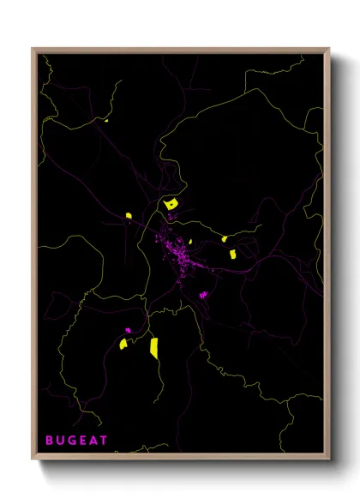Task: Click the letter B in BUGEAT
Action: click(50, 440)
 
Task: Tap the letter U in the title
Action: click(62, 440)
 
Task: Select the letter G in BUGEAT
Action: click(74, 440)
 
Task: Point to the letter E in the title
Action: click(85, 440)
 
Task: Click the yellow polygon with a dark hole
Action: click(171, 204)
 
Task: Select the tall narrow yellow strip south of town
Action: click(154, 347)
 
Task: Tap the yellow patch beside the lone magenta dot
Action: click(123, 344)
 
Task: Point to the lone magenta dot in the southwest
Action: click(128, 330)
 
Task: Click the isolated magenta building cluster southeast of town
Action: click(204, 295)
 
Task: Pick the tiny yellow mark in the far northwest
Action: click(106, 121)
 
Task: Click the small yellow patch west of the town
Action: click(128, 216)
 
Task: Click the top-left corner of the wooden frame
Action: click(33, 49)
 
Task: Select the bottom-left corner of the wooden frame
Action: click(33, 459)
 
